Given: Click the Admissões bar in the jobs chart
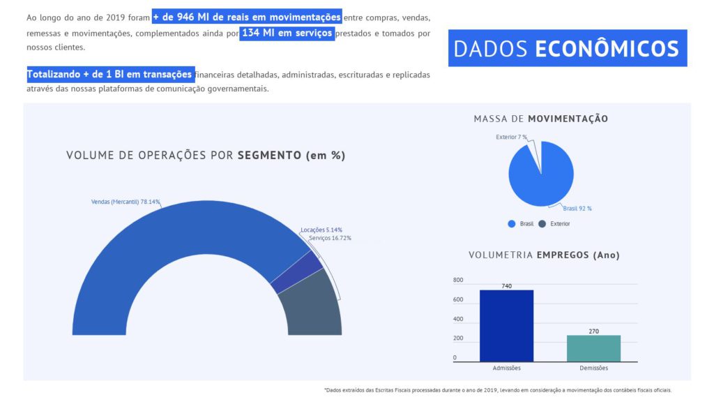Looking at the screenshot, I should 506,325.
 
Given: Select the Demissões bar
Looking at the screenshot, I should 593,348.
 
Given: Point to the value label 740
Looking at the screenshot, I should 506,286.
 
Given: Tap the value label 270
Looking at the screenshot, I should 593,332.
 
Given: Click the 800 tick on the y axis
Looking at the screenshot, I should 458,281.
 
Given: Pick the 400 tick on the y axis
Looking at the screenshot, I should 458,320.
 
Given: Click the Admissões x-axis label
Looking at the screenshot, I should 506,368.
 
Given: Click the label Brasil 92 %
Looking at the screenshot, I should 577,209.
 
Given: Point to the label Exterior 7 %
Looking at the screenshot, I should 511,137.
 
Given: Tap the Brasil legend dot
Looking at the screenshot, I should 511,224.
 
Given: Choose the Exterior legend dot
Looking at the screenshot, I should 542,224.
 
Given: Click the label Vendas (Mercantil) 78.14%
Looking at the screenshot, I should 126,202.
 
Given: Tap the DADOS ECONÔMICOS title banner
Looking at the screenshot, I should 567,48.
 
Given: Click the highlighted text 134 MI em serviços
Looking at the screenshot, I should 287,33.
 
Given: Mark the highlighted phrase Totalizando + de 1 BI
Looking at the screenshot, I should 109,75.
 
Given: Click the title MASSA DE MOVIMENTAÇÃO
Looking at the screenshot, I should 540,119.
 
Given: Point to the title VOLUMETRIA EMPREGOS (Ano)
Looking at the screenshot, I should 544,255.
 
